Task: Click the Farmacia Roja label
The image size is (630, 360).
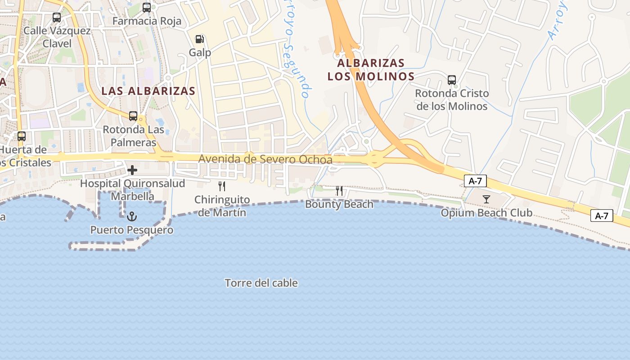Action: (147, 21)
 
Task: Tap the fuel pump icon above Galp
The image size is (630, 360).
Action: (200, 39)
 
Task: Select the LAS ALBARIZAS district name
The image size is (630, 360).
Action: (148, 91)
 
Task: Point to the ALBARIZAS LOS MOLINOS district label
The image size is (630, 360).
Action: (371, 70)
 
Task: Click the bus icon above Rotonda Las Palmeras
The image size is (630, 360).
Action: (133, 116)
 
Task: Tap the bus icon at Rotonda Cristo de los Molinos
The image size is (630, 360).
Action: (452, 80)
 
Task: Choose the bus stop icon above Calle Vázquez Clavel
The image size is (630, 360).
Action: (57, 18)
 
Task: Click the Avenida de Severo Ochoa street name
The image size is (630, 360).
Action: (265, 159)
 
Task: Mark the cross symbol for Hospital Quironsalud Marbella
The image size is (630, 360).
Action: (132, 170)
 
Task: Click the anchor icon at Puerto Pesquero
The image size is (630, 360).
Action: (132, 216)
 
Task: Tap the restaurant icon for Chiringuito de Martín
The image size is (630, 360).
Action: (222, 186)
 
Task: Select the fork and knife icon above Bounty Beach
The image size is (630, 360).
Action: (339, 191)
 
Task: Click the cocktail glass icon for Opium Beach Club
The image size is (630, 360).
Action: (486, 199)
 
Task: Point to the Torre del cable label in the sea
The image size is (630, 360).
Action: (261, 283)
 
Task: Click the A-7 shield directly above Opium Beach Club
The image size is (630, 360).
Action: (475, 181)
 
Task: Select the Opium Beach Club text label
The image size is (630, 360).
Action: (486, 213)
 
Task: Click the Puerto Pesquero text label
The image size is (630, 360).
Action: (132, 230)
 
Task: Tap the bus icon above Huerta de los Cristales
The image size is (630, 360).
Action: (22, 136)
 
